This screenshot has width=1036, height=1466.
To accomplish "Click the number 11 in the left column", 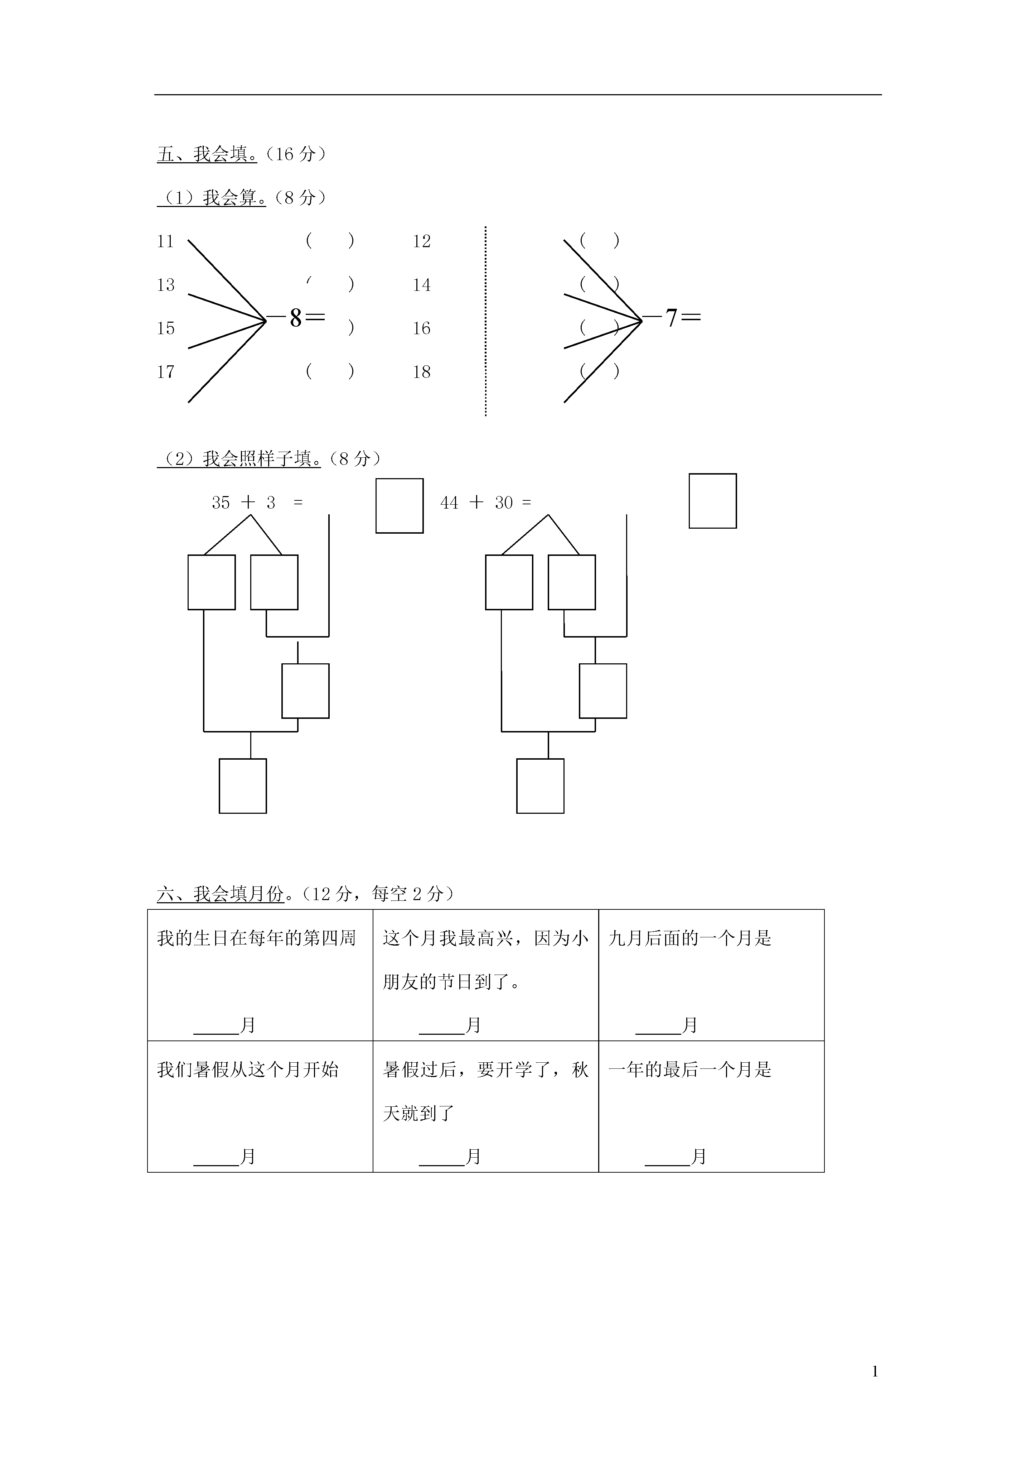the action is (165, 241).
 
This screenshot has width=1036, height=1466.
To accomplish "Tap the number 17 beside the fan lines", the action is (165, 372).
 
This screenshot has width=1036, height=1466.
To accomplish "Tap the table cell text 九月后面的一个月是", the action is (690, 939).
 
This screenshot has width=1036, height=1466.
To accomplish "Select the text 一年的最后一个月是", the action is (690, 1070).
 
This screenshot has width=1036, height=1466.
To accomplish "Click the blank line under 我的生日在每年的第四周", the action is (216, 1033).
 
